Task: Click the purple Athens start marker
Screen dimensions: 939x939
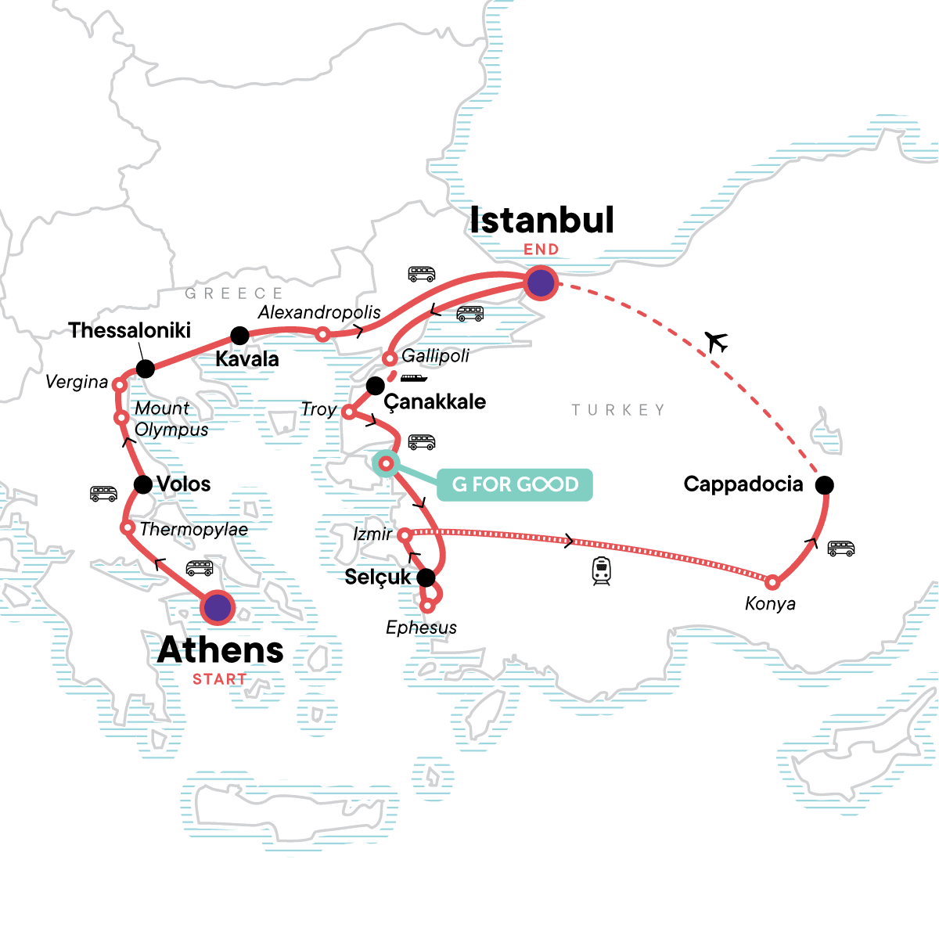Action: [218, 607]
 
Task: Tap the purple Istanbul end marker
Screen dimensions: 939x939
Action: [541, 282]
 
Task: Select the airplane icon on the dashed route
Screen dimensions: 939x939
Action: [716, 342]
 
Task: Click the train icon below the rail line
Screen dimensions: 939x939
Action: [601, 571]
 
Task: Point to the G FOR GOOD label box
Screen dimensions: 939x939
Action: [514, 484]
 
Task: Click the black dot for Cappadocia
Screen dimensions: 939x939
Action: [824, 485]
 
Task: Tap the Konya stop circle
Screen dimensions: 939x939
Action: [772, 582]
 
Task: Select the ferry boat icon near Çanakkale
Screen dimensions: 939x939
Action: [414, 379]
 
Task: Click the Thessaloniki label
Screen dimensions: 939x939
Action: [130, 330]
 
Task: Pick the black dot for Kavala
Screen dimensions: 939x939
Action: [240, 336]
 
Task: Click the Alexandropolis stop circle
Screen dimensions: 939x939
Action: [322, 334]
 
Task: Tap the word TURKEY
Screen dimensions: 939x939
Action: [618, 410]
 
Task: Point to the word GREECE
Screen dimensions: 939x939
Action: [234, 293]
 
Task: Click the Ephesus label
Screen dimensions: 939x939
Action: [421, 628]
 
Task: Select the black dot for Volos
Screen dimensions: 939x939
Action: [143, 484]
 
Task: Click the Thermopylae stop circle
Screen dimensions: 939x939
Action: [128, 528]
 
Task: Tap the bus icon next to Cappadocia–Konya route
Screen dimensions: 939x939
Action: [841, 549]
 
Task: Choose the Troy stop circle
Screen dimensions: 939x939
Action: [349, 412]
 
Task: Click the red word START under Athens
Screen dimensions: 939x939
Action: [219, 679]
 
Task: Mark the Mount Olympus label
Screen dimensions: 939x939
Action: [171, 419]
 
